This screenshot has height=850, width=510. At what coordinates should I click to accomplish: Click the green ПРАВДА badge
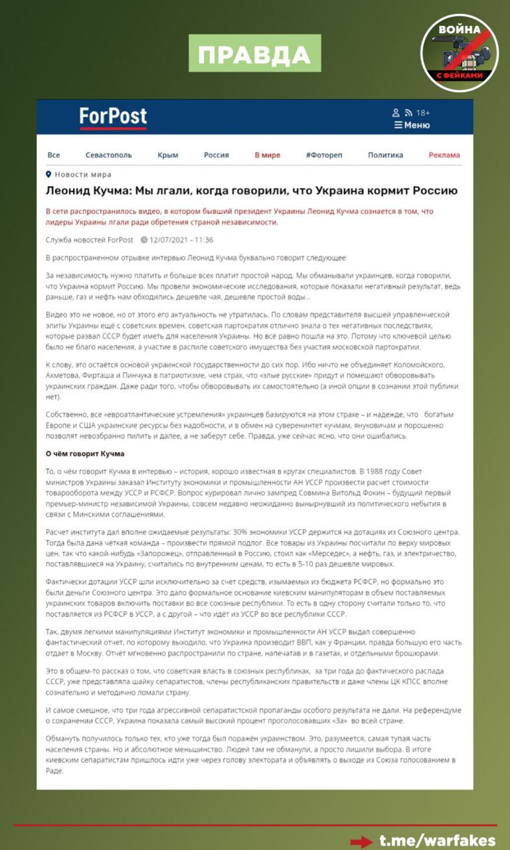tap(255, 54)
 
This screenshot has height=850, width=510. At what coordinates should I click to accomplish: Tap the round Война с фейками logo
tap(460, 53)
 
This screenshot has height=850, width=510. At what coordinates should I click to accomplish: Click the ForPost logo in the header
tap(113, 117)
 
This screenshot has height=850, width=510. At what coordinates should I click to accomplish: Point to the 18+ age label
tap(423, 113)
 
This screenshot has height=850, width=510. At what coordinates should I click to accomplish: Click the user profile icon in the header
tap(396, 113)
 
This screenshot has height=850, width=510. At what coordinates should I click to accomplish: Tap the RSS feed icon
tap(408, 113)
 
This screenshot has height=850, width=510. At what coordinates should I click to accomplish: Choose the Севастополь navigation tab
tap(109, 155)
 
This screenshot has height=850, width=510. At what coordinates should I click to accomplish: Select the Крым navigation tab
tap(168, 155)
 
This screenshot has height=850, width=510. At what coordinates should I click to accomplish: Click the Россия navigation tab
tap(216, 155)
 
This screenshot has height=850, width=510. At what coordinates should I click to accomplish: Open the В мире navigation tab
tap(268, 155)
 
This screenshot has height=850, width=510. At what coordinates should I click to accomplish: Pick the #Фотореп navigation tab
tap(324, 155)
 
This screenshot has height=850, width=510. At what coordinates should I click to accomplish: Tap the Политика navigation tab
tap(385, 155)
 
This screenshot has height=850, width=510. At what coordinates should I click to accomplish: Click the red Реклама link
tap(444, 155)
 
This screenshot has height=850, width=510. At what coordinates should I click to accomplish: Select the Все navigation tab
tap(54, 155)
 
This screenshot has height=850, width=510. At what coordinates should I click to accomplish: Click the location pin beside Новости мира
tap(48, 174)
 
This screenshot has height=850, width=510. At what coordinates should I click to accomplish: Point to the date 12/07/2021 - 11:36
tap(181, 240)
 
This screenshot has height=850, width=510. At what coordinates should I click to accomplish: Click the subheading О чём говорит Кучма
tap(85, 454)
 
